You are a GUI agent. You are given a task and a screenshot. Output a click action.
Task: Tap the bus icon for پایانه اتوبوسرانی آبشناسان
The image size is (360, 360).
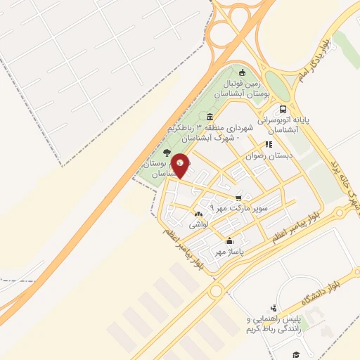click(283, 109)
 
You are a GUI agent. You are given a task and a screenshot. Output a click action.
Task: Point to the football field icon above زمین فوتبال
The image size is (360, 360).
click(243, 72)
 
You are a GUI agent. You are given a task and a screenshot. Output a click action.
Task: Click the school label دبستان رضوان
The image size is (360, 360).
click(264, 158)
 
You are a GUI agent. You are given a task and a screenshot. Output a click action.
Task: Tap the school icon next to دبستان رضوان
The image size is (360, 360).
click(268, 144)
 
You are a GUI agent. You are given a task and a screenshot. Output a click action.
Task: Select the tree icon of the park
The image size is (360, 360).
click(166, 151)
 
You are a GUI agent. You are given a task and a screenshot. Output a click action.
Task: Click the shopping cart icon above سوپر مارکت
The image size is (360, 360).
click(240, 198)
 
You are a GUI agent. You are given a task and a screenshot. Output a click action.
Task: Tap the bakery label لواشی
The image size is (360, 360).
click(197, 226)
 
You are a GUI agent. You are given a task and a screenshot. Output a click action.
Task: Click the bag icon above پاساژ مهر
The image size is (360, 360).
click(229, 242)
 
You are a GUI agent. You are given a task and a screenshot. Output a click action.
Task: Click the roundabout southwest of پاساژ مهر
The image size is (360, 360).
click(215, 290)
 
